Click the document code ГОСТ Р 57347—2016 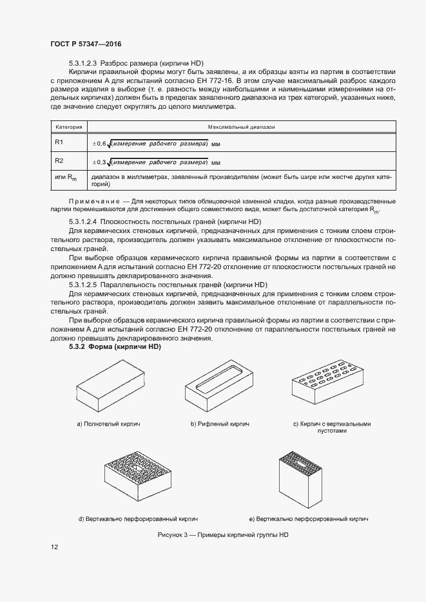pos(85,44)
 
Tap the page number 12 pos(54,547)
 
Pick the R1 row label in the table pos(59,142)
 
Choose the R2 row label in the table pos(59,160)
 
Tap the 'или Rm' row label pos(66,178)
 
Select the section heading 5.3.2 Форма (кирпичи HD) pos(115,347)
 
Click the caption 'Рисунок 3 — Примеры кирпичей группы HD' pos(224,535)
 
